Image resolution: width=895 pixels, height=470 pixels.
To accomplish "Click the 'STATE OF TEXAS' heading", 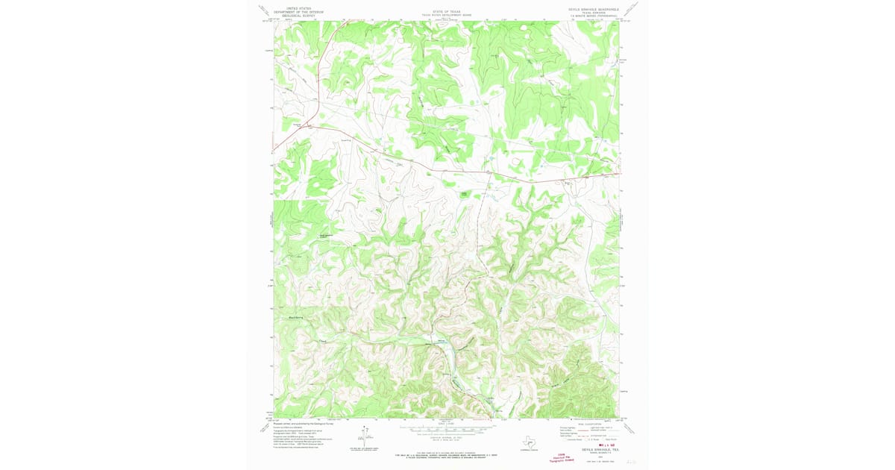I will click(x=447, y=12).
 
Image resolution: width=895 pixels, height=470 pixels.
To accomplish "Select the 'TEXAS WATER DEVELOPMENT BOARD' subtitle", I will click(x=447, y=16).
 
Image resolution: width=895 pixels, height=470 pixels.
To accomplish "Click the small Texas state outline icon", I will click(x=530, y=441).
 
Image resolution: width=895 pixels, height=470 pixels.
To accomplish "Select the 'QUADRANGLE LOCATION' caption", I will click(x=530, y=449).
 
